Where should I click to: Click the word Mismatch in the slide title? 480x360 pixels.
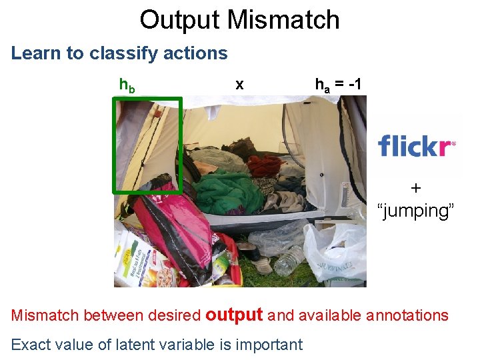(283, 20)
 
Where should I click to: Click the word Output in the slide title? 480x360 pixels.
(180, 20)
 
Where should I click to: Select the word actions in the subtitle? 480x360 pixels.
(197, 53)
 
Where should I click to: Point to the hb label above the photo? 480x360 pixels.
(126, 85)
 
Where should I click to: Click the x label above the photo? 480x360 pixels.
(239, 85)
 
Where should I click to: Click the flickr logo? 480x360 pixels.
(417, 145)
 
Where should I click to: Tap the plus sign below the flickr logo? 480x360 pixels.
(416, 188)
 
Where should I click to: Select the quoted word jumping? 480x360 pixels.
(416, 211)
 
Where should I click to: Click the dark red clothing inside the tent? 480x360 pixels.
(264, 164)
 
